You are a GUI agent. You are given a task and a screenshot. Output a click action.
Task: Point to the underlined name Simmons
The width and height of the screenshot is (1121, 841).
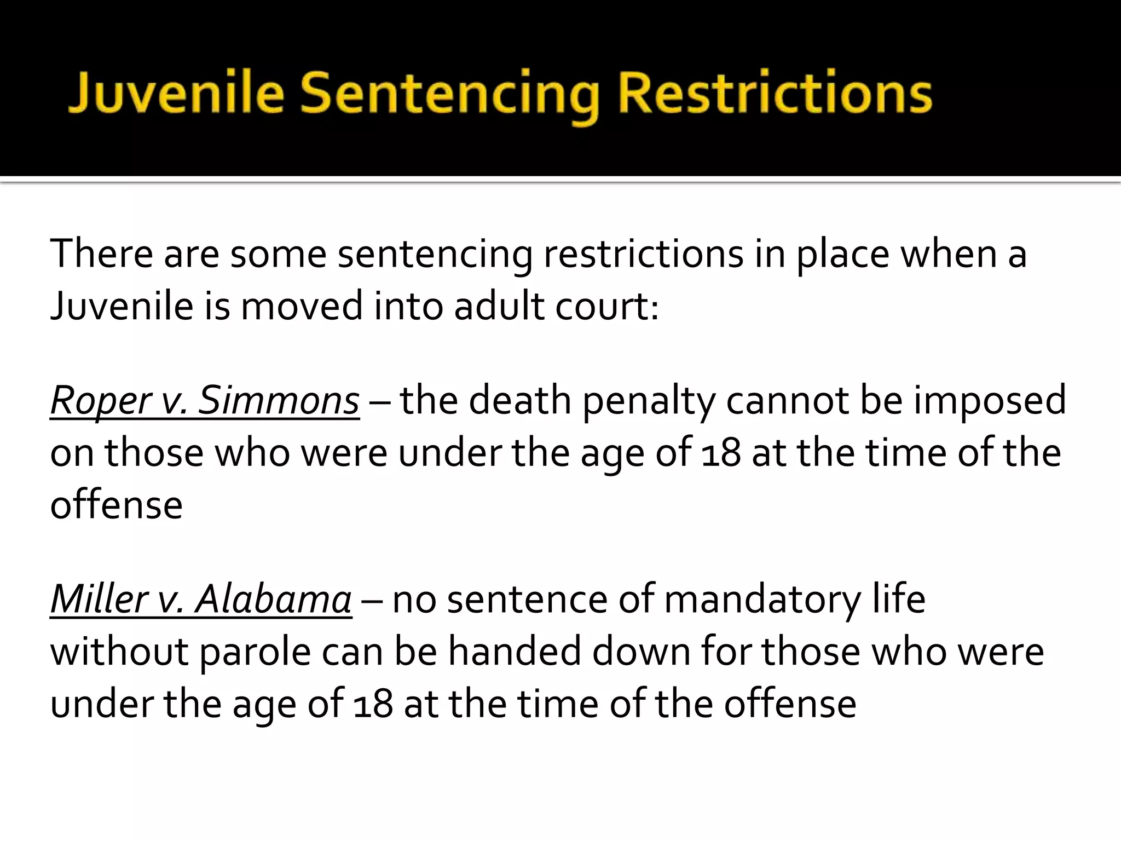coord(278,400)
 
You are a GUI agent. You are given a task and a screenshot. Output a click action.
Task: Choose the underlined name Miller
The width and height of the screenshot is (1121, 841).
coord(97,599)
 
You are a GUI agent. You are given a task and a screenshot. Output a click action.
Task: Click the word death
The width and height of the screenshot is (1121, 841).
coord(520,400)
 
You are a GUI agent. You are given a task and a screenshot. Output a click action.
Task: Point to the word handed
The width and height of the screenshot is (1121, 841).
coord(515,652)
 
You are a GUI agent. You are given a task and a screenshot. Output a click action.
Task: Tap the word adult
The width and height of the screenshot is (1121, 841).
coord(499,306)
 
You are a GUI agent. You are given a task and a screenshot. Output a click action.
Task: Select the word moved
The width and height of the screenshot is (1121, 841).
coord(302,306)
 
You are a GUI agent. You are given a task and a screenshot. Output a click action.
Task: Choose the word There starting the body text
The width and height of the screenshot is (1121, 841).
coord(101,254)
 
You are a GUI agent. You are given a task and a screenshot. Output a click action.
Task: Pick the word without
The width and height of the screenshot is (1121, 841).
coord(119,652)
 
